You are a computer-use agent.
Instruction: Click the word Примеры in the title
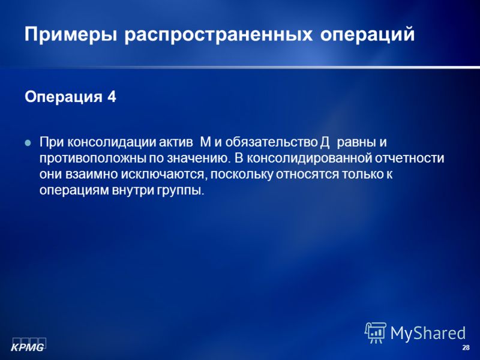[71, 35]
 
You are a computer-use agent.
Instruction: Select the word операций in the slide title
[367, 35]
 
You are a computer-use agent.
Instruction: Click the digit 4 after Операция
[112, 97]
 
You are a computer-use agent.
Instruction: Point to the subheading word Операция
[64, 97]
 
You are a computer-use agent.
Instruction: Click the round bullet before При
[28, 143]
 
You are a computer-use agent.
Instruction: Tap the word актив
[176, 142]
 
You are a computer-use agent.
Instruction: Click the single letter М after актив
[206, 142]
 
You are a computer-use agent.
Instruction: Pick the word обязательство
[272, 142]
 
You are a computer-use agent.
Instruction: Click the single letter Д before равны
[325, 143]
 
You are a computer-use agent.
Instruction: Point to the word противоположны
[93, 158]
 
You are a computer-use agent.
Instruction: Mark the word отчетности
[407, 158]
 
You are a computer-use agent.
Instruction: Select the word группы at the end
[181, 191]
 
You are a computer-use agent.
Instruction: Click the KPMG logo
[28, 344]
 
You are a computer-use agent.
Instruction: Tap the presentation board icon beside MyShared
[376, 333]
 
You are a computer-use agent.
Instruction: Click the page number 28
[466, 347]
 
